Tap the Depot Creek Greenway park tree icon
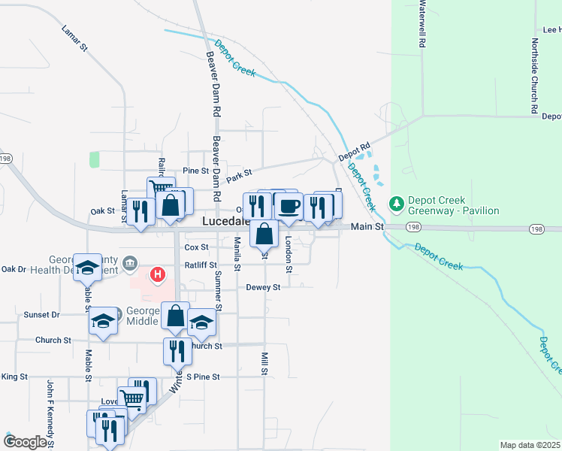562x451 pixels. pos(396,204)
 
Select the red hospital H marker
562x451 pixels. pos(157,275)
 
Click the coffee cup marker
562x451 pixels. pos(288,206)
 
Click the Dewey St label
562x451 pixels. pos(263,287)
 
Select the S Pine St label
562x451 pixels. pos(203,377)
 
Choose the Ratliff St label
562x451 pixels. pos(201,265)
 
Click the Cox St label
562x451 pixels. pos(196,247)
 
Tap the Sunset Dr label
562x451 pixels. pos(41,315)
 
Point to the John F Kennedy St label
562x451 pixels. pos(51,413)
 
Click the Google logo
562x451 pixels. pos(25,442)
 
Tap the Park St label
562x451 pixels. pos(239,174)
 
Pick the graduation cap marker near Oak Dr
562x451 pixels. pos(88,268)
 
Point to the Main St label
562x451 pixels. pos(368,226)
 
